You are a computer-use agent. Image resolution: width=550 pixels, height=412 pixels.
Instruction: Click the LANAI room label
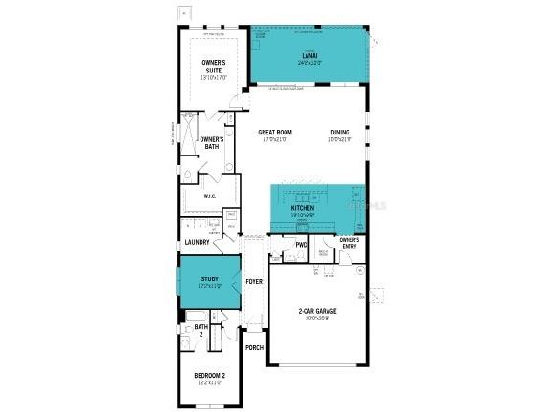pyautogui.click(x=309, y=56)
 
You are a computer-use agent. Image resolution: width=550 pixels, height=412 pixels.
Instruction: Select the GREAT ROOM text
pyautogui.click(x=276, y=133)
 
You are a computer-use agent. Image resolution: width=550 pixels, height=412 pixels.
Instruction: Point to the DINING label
pyautogui.click(x=341, y=133)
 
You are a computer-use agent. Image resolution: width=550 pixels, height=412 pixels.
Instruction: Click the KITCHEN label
pyautogui.click(x=303, y=207)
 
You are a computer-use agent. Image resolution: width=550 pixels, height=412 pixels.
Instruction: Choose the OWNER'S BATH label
pyautogui.click(x=212, y=143)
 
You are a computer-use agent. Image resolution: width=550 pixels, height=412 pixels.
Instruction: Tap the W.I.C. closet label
pyautogui.click(x=211, y=197)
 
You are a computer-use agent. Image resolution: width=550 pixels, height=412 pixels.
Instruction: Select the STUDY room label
pyautogui.click(x=210, y=278)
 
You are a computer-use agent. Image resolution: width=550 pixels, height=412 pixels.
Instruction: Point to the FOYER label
pyautogui.click(x=254, y=281)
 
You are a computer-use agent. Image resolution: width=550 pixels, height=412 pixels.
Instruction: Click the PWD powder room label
pyautogui.click(x=301, y=245)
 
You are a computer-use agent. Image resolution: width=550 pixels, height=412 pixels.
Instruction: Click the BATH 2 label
pyautogui.click(x=201, y=330)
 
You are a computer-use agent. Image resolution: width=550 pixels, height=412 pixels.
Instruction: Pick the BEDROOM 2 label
pyautogui.click(x=210, y=376)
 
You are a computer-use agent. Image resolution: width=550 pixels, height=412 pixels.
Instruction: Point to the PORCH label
pyautogui.click(x=254, y=347)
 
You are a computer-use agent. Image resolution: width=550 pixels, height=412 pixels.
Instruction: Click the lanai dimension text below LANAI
pyautogui.click(x=309, y=63)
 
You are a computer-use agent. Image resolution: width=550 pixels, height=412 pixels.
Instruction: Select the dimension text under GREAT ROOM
pyautogui.click(x=276, y=140)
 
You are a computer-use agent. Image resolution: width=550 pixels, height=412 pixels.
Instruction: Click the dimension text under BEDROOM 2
pyautogui.click(x=210, y=383)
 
